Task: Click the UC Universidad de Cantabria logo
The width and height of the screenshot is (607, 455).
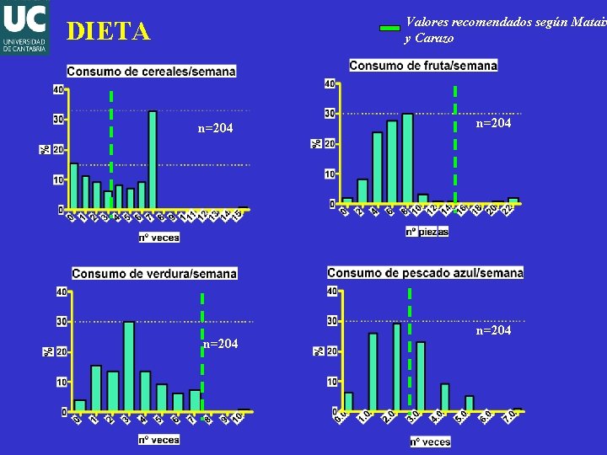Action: [24, 27]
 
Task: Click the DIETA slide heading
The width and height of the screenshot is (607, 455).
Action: [109, 32]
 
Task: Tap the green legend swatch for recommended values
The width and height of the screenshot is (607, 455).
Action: [389, 28]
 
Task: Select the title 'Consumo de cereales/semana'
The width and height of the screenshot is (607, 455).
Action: [151, 72]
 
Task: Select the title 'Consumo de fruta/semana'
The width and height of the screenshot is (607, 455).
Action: [423, 65]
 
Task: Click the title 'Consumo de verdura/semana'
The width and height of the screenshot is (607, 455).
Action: [154, 273]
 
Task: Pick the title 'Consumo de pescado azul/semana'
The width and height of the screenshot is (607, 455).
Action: [425, 272]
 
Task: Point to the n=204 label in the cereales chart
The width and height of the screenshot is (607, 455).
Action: [215, 128]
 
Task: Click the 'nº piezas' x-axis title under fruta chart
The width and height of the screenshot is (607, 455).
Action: [427, 231]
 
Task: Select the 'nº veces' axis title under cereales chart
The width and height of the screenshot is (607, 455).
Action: [159, 238]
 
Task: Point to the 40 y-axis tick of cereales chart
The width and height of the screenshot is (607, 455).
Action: [58, 89]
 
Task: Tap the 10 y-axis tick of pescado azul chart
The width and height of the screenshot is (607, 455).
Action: [332, 382]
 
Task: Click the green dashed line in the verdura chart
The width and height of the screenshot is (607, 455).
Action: [202, 354]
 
